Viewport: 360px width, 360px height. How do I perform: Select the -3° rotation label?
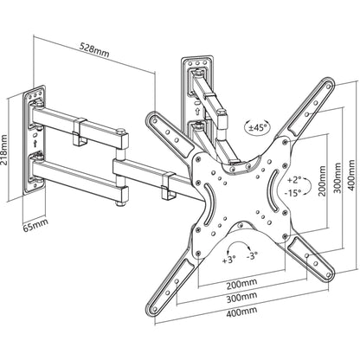(253, 258)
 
